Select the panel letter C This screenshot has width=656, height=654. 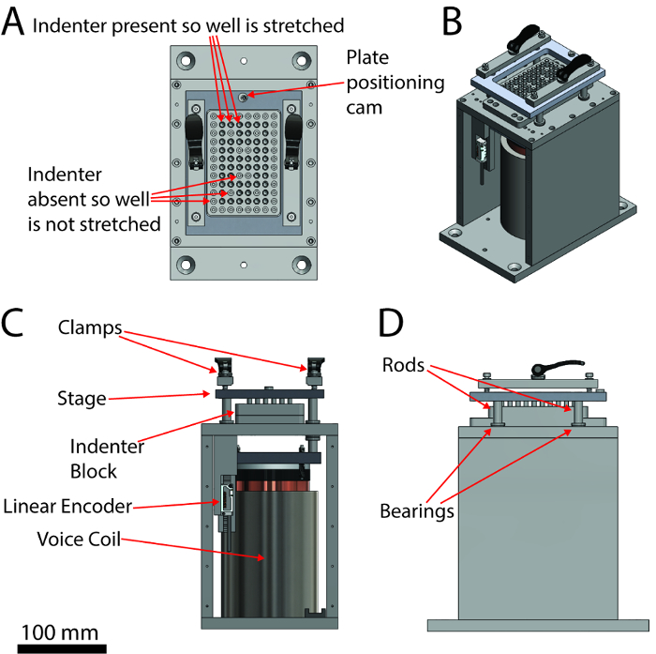(x=11, y=323)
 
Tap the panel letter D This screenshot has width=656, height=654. (x=391, y=323)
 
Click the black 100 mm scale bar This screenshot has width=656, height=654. (x=62, y=648)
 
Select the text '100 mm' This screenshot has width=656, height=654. (x=60, y=632)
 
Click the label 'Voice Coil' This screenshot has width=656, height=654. (x=79, y=539)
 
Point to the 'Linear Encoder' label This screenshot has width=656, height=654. (x=67, y=506)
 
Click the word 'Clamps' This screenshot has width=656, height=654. (x=90, y=327)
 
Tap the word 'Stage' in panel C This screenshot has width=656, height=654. (x=82, y=399)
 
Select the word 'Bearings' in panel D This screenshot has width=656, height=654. (x=417, y=511)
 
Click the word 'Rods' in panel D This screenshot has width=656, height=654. (x=403, y=365)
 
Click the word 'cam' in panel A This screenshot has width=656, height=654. (x=364, y=108)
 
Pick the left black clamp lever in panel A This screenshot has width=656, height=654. (x=195, y=141)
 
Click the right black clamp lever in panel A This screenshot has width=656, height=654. (x=293, y=141)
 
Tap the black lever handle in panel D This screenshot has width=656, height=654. (x=557, y=367)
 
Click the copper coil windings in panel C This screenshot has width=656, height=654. (x=273, y=486)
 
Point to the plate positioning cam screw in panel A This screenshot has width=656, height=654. (x=244, y=98)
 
